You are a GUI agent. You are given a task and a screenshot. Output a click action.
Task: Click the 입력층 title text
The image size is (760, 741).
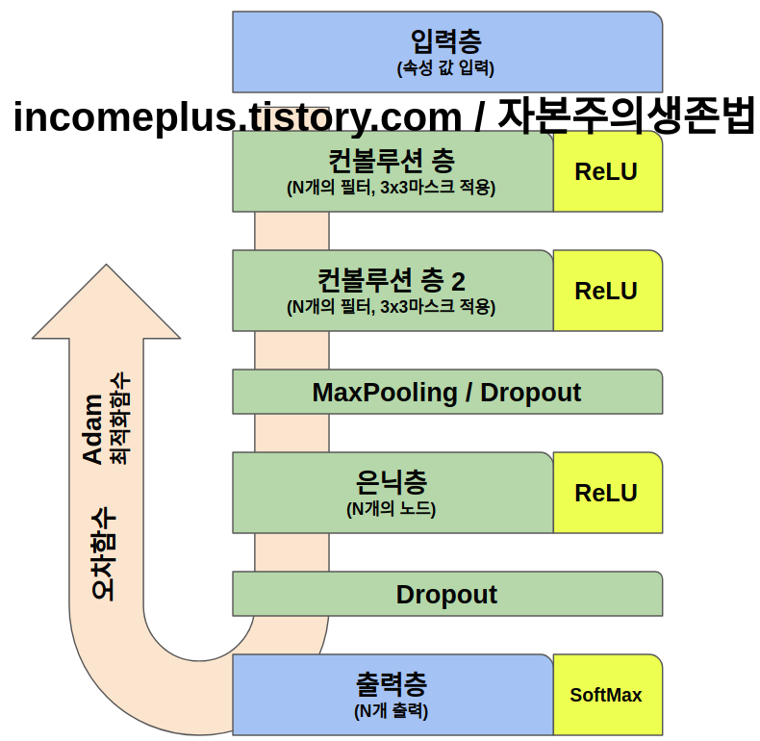pos(445,41)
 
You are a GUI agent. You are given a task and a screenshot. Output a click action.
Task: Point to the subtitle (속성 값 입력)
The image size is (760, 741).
pos(445,68)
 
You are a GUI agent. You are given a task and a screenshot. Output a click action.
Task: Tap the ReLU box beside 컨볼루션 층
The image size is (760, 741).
pos(607,171)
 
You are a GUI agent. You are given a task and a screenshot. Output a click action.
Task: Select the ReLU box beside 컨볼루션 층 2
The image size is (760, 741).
pos(607,291)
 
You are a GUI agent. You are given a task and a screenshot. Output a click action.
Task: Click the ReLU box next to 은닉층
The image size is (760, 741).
pos(607,493)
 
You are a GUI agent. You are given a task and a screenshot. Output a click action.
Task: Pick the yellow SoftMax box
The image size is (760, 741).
pos(607,695)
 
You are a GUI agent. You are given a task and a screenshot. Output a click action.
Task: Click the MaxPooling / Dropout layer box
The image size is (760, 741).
pos(446,392)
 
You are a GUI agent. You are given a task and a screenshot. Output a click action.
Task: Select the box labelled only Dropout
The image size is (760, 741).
pos(446,594)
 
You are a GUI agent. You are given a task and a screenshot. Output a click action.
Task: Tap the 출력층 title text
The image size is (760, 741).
pos(392,684)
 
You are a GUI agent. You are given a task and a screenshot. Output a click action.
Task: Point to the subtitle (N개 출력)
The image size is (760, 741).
pos(392,712)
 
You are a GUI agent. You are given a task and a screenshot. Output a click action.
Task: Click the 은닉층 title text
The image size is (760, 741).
pos(392,481)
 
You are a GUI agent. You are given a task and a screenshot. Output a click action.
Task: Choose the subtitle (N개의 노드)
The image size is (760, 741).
pos(392,509)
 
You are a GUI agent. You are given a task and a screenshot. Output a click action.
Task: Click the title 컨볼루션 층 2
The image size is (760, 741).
pos(392,280)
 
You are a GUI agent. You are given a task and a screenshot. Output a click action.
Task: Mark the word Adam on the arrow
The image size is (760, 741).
pos(93,429)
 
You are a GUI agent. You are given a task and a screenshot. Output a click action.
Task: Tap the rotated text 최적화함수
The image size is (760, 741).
pos(120,419)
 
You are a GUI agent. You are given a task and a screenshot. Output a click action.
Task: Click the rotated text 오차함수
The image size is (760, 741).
pos(104,554)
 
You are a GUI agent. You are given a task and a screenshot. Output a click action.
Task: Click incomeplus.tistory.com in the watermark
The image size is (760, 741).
pos(237,117)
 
